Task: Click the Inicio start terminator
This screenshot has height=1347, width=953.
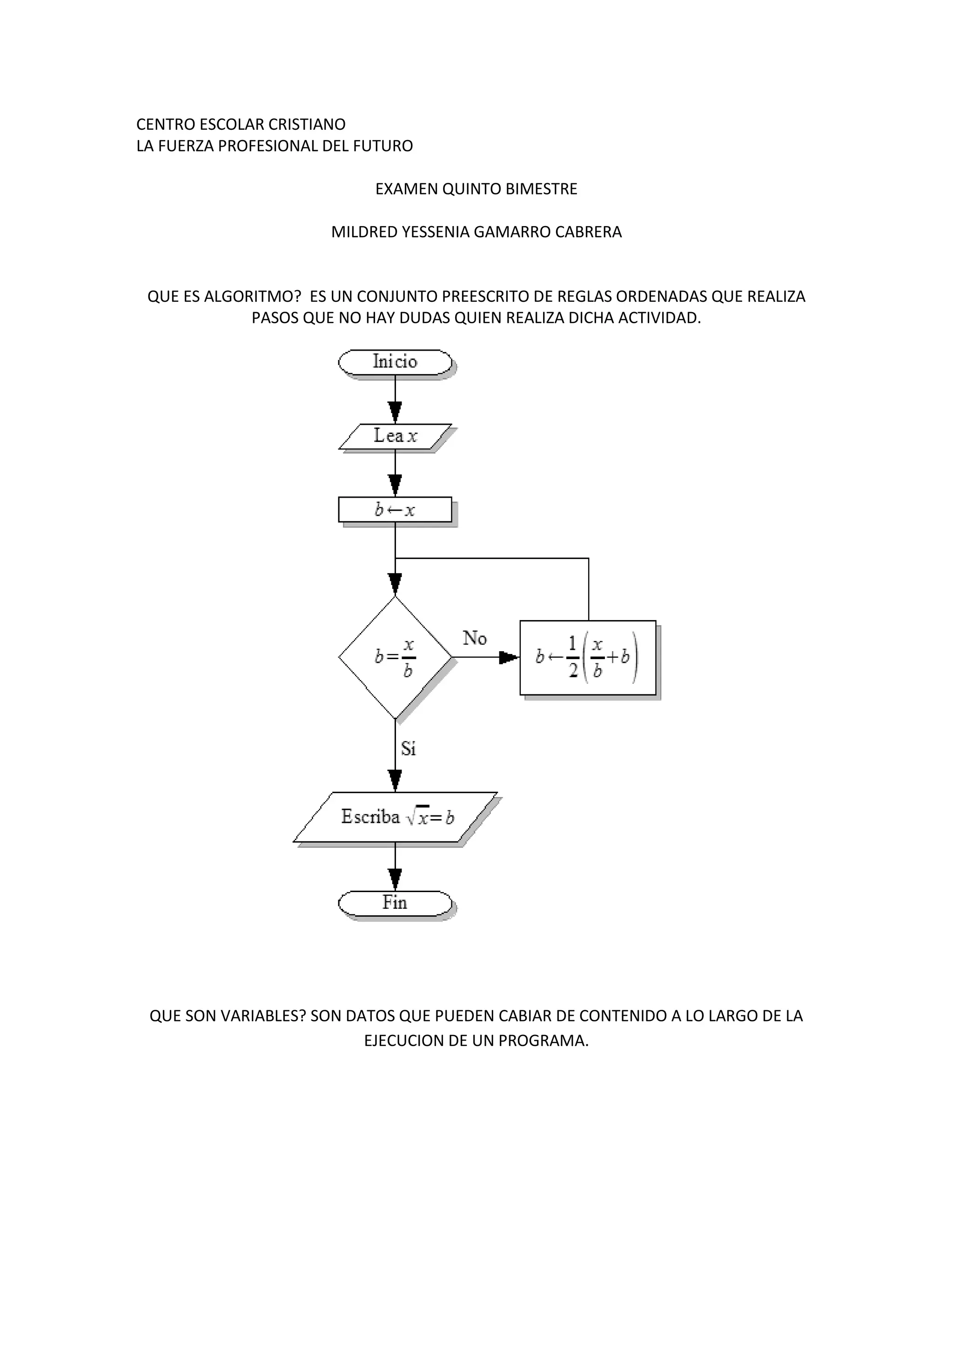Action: (x=395, y=362)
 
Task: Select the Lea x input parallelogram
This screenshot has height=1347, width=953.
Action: (x=395, y=436)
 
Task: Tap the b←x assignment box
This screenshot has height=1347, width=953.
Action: (x=395, y=509)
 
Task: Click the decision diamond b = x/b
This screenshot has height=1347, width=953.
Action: (x=395, y=657)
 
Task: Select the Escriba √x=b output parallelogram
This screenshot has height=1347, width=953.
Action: (x=395, y=817)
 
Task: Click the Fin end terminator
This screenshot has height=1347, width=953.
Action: (x=395, y=903)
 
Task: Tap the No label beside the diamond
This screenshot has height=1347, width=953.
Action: (x=474, y=638)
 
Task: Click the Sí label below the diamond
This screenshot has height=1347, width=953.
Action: (x=409, y=748)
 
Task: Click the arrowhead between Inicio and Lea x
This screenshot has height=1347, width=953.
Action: (x=395, y=412)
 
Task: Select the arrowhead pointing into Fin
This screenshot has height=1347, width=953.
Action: (x=395, y=878)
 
